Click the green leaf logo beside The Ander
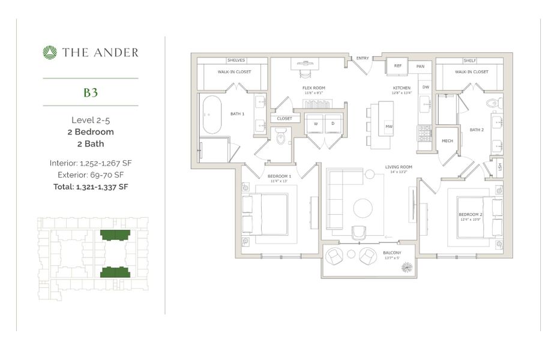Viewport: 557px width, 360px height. pos(50,52)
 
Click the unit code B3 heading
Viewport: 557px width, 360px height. pos(91,92)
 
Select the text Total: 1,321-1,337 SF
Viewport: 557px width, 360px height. pos(91,187)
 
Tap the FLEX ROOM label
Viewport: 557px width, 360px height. pos(314,88)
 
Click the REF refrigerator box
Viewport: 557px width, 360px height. pos(397,66)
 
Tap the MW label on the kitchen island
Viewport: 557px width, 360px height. pos(388,126)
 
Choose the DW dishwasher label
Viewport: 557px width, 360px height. pos(426,88)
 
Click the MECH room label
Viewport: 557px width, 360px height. pos(447,141)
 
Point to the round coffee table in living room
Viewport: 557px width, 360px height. pos(363,208)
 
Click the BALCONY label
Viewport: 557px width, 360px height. pos(392,253)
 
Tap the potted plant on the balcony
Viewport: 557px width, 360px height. pos(406,266)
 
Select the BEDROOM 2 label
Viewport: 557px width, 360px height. pos(471,214)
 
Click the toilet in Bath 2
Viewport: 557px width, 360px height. pos(493,103)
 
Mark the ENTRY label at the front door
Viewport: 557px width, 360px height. pos(363,58)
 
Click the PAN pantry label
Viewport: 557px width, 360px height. pos(420,66)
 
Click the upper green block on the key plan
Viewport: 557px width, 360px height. pos(115,235)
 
